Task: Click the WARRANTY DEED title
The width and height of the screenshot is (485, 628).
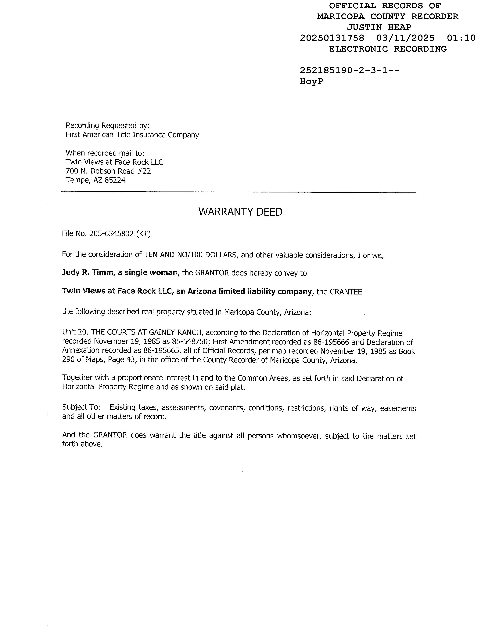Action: point(240,212)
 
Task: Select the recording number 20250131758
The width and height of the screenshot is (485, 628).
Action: point(332,38)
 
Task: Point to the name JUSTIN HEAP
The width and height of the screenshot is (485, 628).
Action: point(379,27)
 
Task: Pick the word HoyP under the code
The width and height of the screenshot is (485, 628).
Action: point(311,81)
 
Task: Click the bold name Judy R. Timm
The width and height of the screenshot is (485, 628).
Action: point(88,272)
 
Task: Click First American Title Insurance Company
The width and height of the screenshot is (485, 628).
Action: point(132,135)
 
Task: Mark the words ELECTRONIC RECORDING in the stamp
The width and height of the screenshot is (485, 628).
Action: point(388,49)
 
